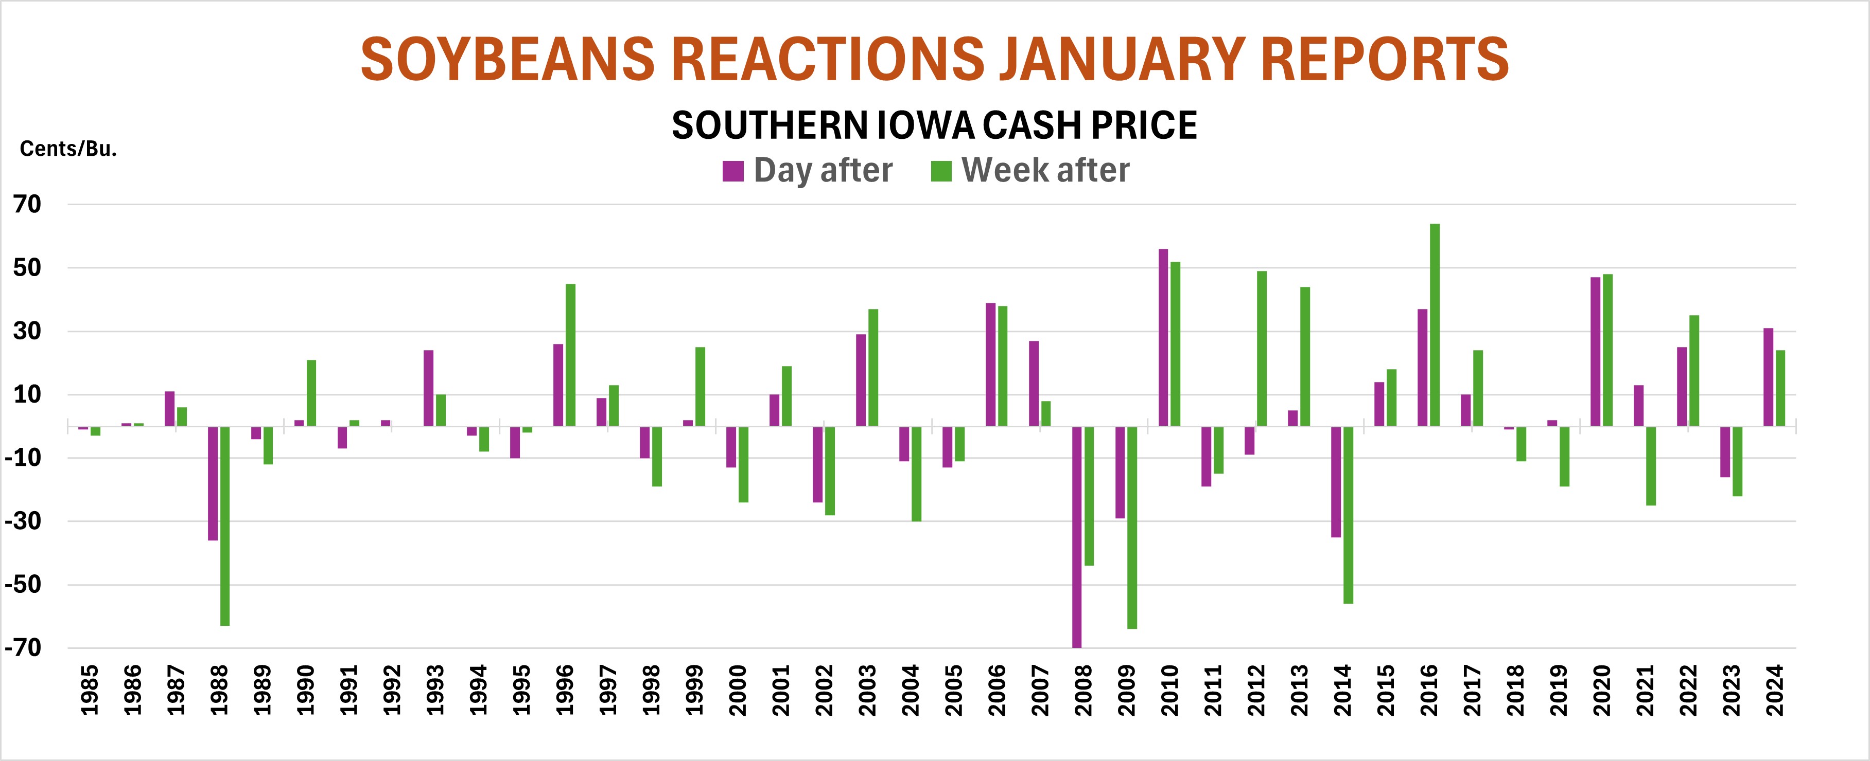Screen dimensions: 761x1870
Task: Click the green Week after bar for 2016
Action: tap(1435, 324)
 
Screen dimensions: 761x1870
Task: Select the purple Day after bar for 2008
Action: tap(1077, 536)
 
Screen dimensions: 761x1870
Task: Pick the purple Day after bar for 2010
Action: tap(1163, 337)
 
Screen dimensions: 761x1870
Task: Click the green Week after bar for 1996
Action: tap(571, 355)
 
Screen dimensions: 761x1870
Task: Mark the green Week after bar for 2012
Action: tap(1262, 348)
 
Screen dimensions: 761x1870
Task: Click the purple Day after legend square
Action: tap(733, 171)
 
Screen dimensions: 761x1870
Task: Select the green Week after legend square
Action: tap(941, 171)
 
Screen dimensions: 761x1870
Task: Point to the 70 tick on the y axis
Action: tap(28, 205)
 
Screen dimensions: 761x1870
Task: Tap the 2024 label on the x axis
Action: tap(1775, 691)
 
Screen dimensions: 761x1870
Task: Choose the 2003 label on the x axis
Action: tap(867, 691)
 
